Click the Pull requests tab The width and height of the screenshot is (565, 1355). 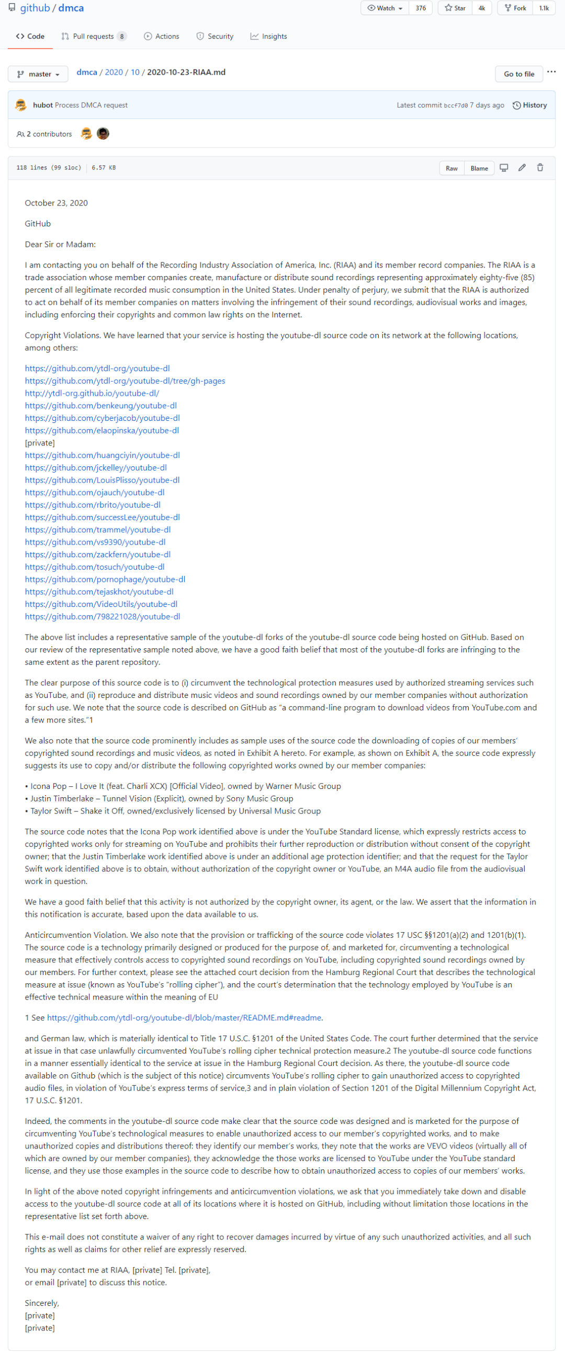point(93,36)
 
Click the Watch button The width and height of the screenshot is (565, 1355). point(385,8)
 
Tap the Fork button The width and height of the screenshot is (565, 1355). point(515,8)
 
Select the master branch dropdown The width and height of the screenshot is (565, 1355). point(38,74)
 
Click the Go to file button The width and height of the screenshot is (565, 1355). point(518,74)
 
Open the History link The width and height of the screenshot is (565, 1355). point(530,105)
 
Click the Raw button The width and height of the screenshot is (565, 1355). point(451,168)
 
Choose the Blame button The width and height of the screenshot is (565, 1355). point(479,168)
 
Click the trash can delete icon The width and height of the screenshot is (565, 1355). point(540,168)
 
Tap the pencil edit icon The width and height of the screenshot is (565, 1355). point(522,168)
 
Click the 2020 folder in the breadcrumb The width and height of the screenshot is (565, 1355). point(114,72)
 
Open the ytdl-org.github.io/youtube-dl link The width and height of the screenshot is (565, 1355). point(92,393)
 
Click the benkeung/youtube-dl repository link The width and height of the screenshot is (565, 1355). point(100,406)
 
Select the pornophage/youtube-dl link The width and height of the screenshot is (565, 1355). point(105,579)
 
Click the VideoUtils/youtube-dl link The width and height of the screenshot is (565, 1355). point(100,604)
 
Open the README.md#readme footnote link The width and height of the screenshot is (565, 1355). point(184,1017)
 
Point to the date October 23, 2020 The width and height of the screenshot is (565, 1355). point(56,203)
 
